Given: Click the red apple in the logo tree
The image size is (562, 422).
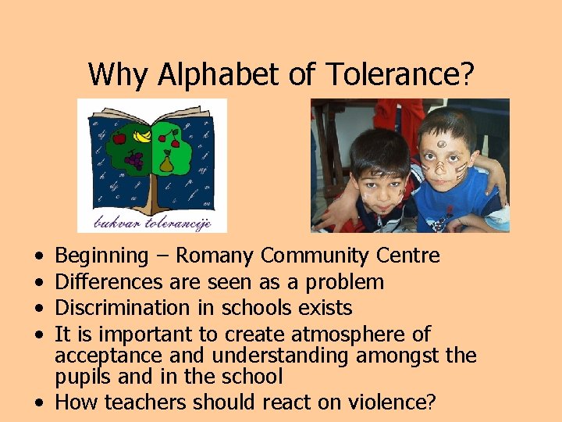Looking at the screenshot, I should coord(119,140).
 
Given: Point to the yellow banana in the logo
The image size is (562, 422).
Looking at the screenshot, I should coord(143,136).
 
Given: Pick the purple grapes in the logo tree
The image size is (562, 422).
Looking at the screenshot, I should coord(134,162).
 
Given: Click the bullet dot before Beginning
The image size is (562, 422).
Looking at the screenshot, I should coord(39,256).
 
